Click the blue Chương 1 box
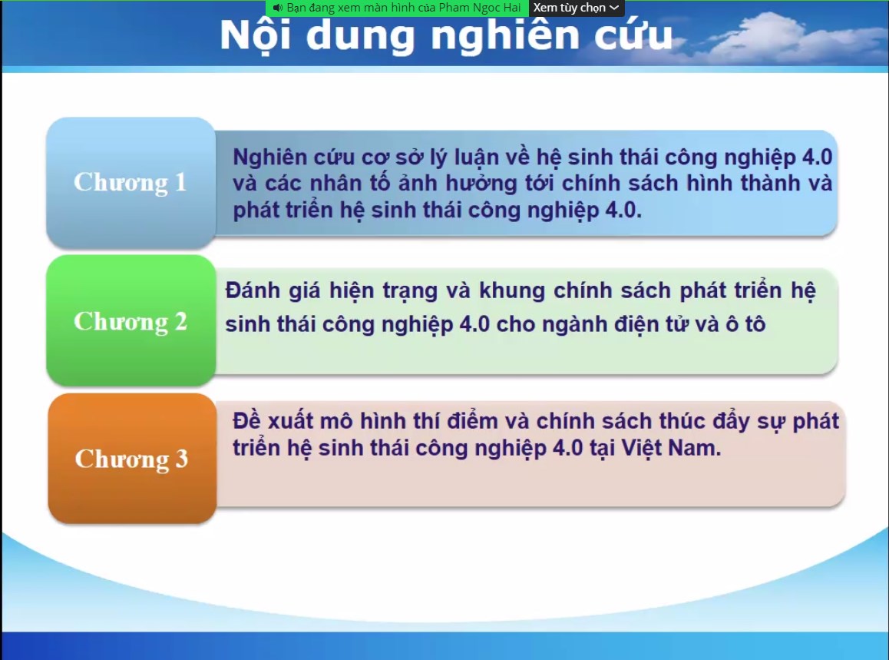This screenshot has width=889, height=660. coord(131,182)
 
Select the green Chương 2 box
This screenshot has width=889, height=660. coord(131,320)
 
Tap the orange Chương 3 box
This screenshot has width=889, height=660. coord(132,458)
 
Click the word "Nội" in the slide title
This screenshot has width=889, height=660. coord(256,36)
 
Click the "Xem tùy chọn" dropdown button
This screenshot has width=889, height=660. coord(576,8)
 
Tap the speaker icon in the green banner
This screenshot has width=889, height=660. coord(277,8)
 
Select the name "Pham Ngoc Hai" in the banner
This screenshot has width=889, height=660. coord(480,8)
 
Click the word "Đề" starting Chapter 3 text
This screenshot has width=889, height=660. coord(246,420)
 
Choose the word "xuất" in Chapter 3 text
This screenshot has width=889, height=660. coord(289,420)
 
